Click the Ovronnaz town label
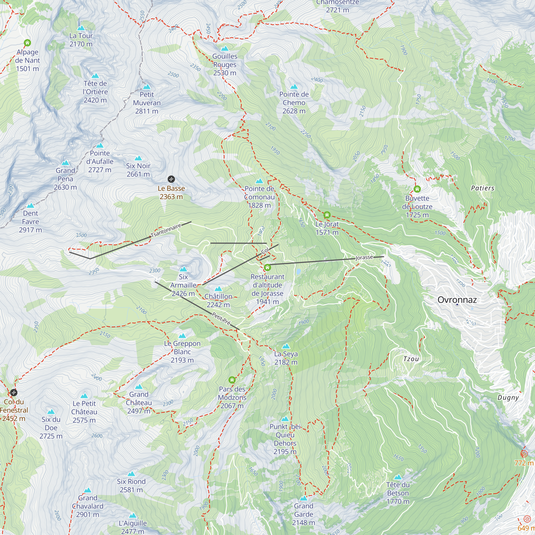click(x=457, y=300)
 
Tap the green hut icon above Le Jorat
click(x=327, y=215)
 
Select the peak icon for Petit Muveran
click(x=147, y=87)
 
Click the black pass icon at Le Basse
click(x=171, y=179)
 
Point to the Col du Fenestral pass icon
click(x=14, y=392)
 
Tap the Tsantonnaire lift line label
click(x=166, y=230)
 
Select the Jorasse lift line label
click(x=364, y=258)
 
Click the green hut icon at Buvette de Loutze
click(x=417, y=189)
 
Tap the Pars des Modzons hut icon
click(x=232, y=380)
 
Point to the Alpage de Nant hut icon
click(x=27, y=43)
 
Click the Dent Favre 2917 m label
click(x=30, y=221)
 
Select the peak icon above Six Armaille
click(x=183, y=269)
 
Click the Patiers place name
click(x=483, y=188)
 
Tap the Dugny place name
click(x=508, y=398)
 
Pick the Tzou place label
click(x=411, y=359)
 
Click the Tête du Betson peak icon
click(x=398, y=477)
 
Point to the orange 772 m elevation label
click(x=524, y=463)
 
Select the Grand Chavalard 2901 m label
click(x=87, y=506)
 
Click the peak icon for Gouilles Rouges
click(x=225, y=49)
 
